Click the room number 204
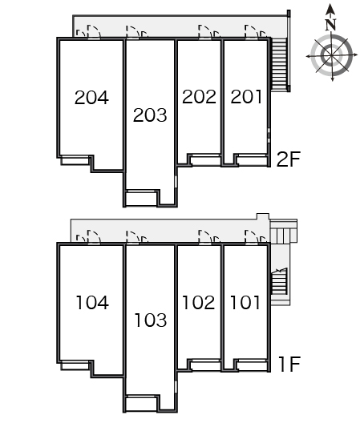coord(91,98)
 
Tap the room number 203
coord(150,115)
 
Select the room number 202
coord(199,97)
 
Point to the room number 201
coord(246,97)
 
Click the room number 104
coord(92,302)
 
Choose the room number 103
coord(151,320)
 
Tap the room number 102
coord(199,302)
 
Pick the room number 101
coord(245,302)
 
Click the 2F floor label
coord(289,159)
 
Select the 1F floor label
coord(289,365)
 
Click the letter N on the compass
coord(330,25)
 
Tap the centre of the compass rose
coord(332,55)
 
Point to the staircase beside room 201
coord(279,64)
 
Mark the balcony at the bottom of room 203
coord(142,199)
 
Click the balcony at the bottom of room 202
coord(205,160)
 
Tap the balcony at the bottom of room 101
coord(252,365)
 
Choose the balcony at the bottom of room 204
coord(75,160)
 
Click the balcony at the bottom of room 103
coord(142,403)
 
